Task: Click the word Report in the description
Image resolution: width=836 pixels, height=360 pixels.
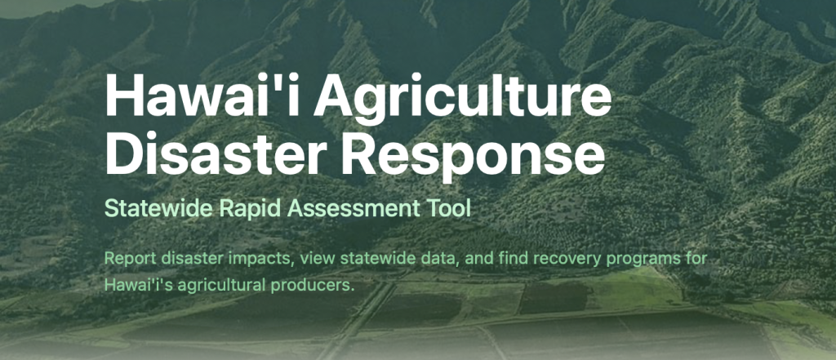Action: pos(127,259)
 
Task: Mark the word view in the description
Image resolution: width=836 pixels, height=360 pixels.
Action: pos(313,259)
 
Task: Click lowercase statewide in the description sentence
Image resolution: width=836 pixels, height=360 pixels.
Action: pos(371,259)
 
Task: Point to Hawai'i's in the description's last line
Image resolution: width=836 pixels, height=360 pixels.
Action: pos(136,286)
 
